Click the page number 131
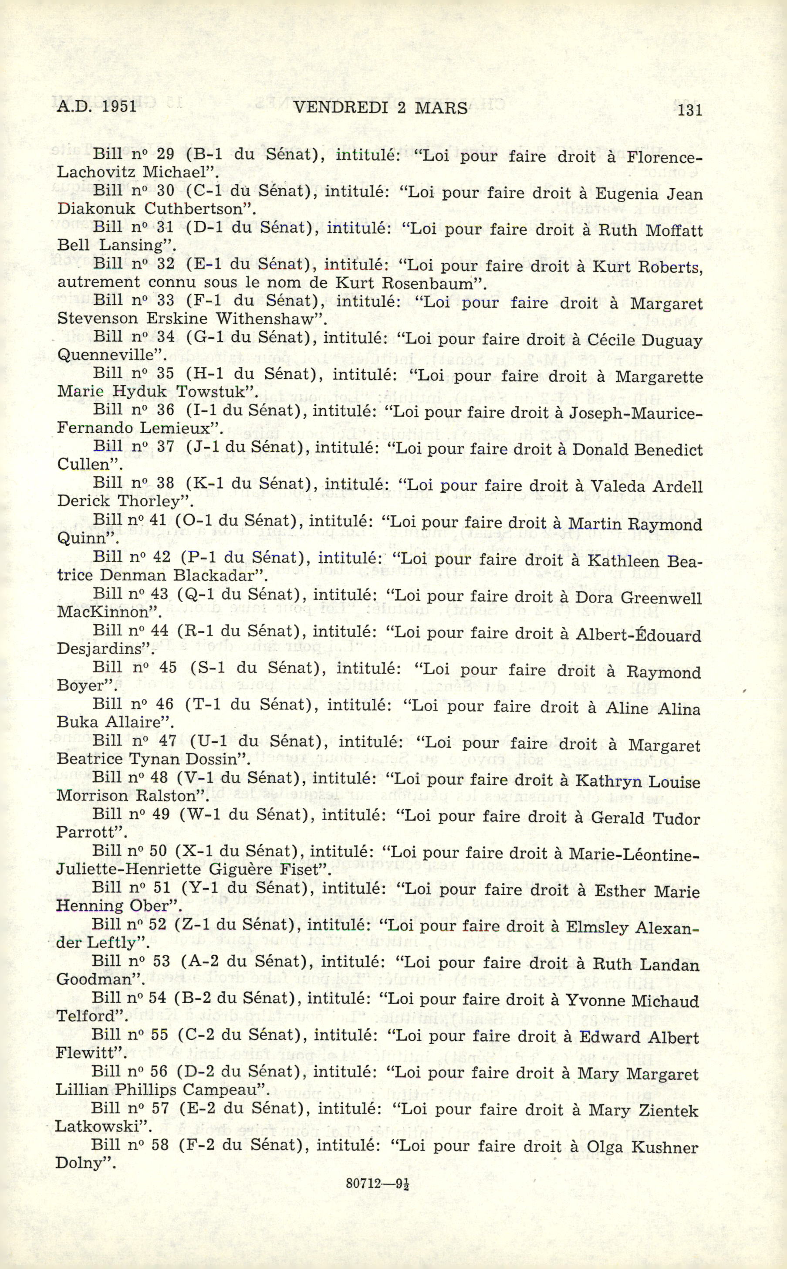point(691,110)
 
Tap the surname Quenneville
point(107,355)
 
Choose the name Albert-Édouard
point(638,635)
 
